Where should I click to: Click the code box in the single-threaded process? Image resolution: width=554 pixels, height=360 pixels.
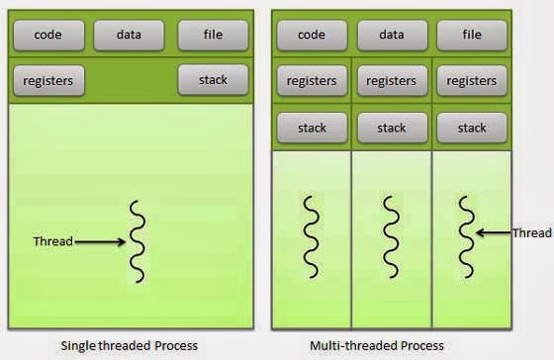(x=47, y=35)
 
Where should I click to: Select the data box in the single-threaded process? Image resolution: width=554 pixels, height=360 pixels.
(x=129, y=35)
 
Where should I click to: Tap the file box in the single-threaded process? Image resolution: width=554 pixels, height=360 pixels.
(x=213, y=35)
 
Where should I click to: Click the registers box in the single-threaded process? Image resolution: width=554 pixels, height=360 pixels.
(x=47, y=80)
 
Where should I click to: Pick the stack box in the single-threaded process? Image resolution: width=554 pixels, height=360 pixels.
(x=213, y=79)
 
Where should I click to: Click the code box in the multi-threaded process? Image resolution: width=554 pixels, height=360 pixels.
(x=312, y=35)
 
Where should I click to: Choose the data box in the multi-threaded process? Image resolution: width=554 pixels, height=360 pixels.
(x=392, y=35)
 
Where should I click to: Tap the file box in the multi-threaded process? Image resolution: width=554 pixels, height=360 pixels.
(x=473, y=35)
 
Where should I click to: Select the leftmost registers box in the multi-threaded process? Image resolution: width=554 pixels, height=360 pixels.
(x=312, y=81)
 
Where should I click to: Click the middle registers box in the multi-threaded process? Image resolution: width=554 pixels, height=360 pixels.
(x=392, y=81)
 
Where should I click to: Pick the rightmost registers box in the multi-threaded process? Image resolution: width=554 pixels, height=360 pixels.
(x=473, y=81)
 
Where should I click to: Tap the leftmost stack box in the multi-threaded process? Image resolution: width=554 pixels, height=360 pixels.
(x=312, y=128)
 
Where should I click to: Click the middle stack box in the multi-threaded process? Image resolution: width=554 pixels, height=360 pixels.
(x=392, y=128)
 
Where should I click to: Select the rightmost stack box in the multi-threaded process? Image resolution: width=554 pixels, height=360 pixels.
(x=473, y=128)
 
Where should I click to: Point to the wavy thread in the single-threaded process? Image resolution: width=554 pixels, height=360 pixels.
(x=138, y=241)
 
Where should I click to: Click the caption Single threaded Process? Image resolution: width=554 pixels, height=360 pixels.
(x=130, y=345)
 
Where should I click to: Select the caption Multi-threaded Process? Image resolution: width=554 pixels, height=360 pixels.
(x=377, y=345)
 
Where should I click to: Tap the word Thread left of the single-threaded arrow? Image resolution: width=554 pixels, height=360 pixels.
(x=52, y=241)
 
